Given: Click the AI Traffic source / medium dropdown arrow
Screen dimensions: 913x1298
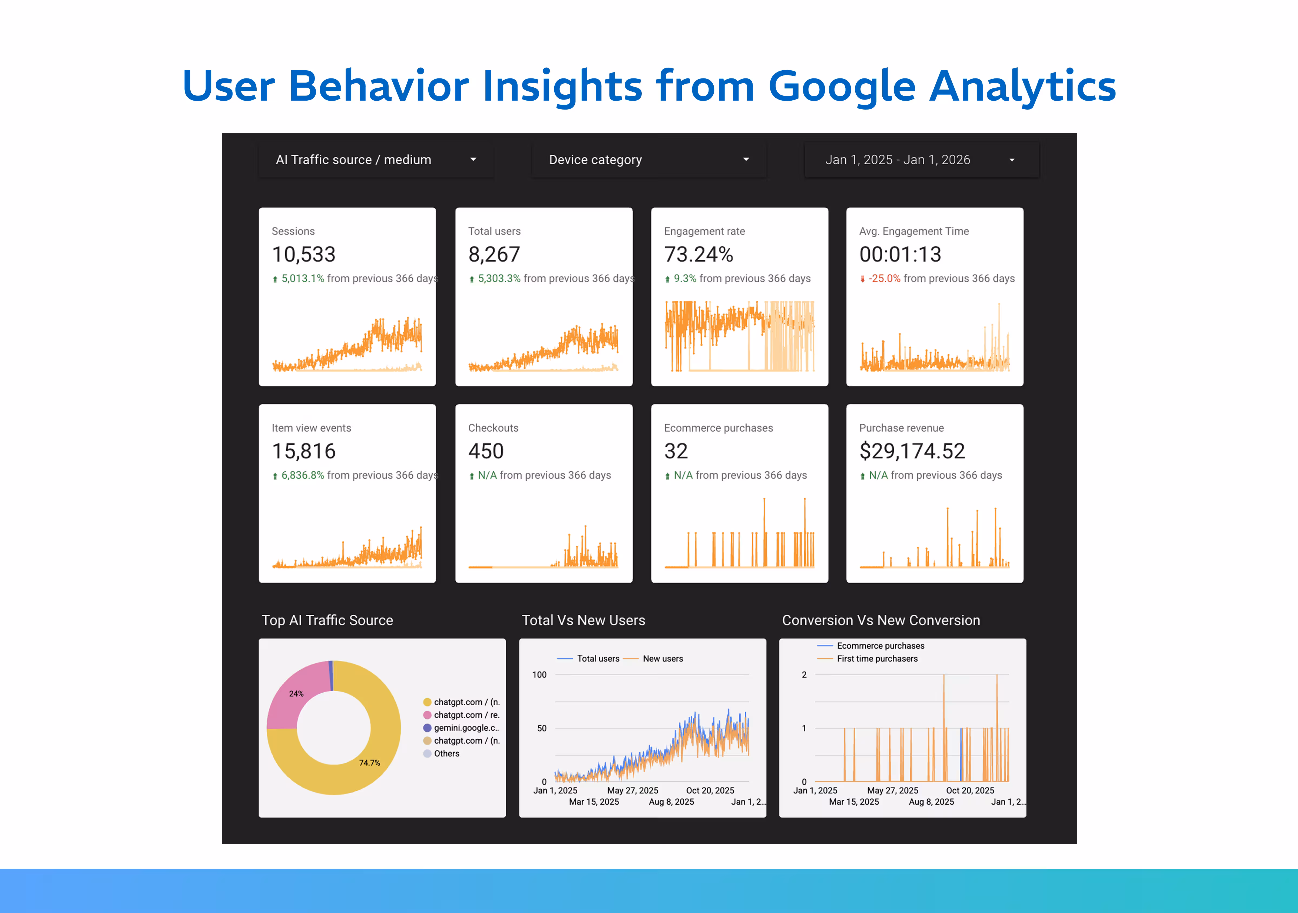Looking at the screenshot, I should pos(473,160).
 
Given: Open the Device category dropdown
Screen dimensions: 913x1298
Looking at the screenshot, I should pos(648,160).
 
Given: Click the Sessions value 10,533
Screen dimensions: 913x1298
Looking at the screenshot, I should pos(304,254).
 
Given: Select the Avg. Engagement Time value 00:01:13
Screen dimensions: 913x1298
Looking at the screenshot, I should pos(900,254).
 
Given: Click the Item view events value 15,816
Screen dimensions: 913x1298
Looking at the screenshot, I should pos(304,451).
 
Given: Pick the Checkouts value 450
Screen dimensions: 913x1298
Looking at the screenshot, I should pos(486,451).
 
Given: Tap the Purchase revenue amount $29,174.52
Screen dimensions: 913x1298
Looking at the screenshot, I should pos(912,451).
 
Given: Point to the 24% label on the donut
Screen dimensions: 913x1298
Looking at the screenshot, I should pos(296,694).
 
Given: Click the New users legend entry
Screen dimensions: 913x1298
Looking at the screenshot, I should pos(663,659).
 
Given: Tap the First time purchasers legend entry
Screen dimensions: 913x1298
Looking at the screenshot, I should pos(877,659).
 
